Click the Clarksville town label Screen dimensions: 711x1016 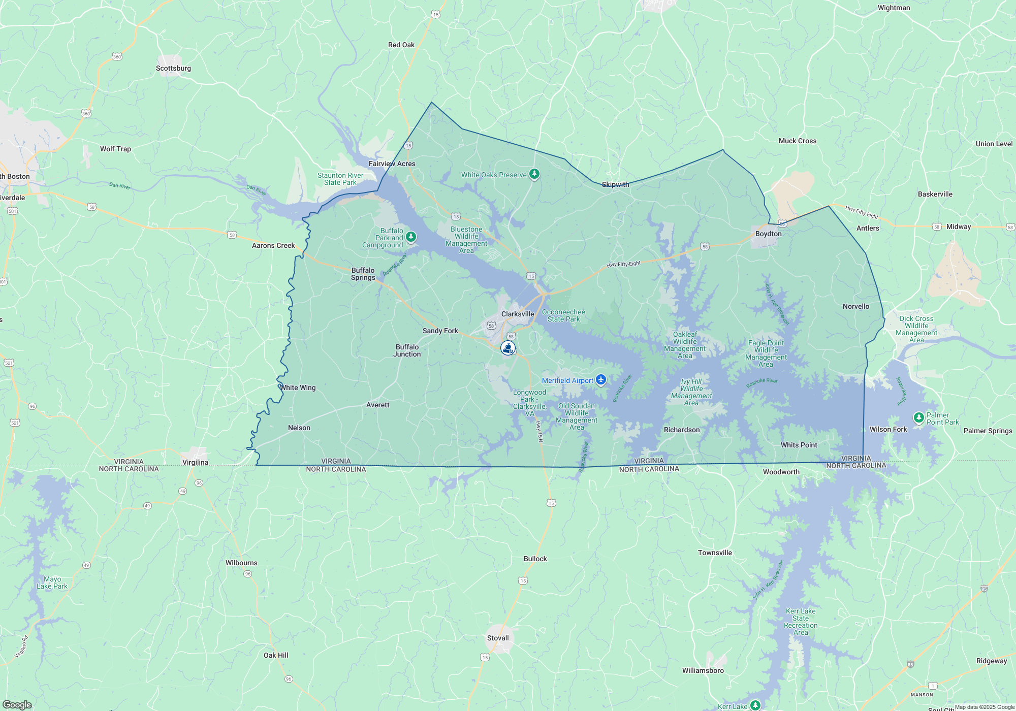518,314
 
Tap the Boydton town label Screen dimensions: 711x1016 768,234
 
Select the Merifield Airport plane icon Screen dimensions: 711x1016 601,380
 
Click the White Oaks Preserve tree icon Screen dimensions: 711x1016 534,174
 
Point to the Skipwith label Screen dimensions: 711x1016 615,184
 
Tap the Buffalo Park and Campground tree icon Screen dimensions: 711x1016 411,237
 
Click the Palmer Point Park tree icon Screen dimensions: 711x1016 918,418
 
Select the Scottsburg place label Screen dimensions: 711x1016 173,68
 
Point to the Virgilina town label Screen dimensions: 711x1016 195,462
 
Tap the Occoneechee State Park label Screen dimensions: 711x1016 563,315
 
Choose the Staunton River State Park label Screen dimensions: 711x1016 340,179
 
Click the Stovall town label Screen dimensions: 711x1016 498,638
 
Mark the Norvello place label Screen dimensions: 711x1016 856,306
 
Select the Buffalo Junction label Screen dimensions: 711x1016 407,350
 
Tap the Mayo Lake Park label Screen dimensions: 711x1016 52,583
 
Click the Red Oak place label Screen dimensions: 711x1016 401,45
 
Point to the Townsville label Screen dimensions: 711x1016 715,553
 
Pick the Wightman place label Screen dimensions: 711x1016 894,8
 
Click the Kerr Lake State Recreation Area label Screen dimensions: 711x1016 801,622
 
